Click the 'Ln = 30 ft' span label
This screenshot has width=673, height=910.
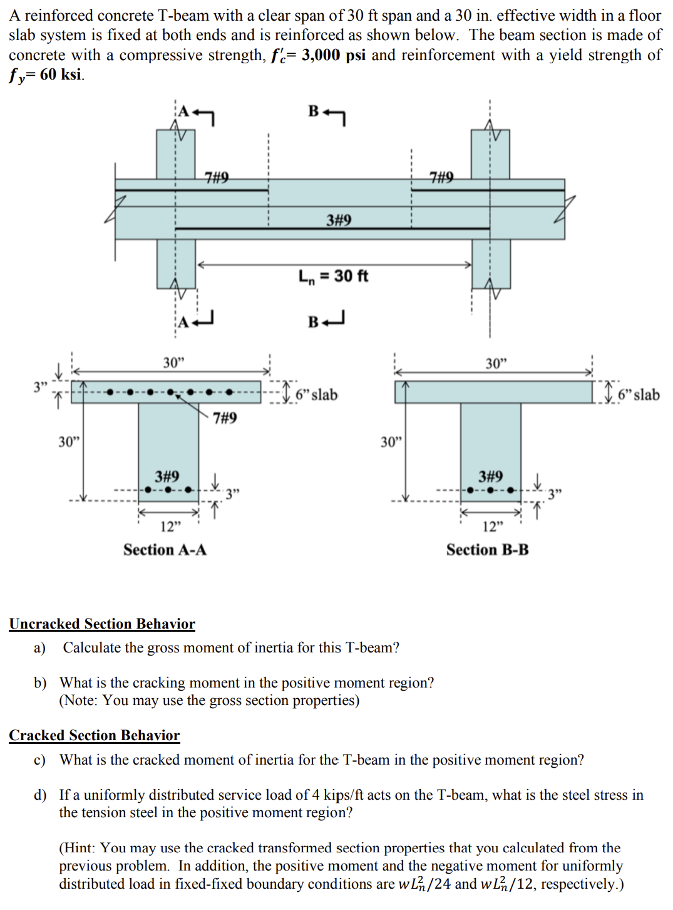[333, 276]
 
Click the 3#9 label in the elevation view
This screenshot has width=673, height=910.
[339, 220]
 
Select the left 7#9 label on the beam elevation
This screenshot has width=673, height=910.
[217, 177]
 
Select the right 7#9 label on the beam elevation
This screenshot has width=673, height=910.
[441, 177]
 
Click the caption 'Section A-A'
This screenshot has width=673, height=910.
[165, 550]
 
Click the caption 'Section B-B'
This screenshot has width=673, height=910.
[487, 550]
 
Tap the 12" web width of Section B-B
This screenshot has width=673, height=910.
[493, 526]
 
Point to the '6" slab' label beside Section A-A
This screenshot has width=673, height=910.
[317, 395]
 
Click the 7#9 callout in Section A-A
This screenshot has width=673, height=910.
[225, 418]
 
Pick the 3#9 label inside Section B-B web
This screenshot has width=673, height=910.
[490, 476]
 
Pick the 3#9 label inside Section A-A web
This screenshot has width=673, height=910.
[167, 476]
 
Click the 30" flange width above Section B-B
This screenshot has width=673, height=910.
[496, 363]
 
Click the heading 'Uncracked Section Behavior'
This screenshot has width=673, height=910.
[102, 624]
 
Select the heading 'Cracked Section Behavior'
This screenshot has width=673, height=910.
[95, 735]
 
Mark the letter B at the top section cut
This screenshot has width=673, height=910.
[314, 111]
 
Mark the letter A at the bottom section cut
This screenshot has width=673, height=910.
[183, 322]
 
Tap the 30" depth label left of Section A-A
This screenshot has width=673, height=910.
[69, 442]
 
